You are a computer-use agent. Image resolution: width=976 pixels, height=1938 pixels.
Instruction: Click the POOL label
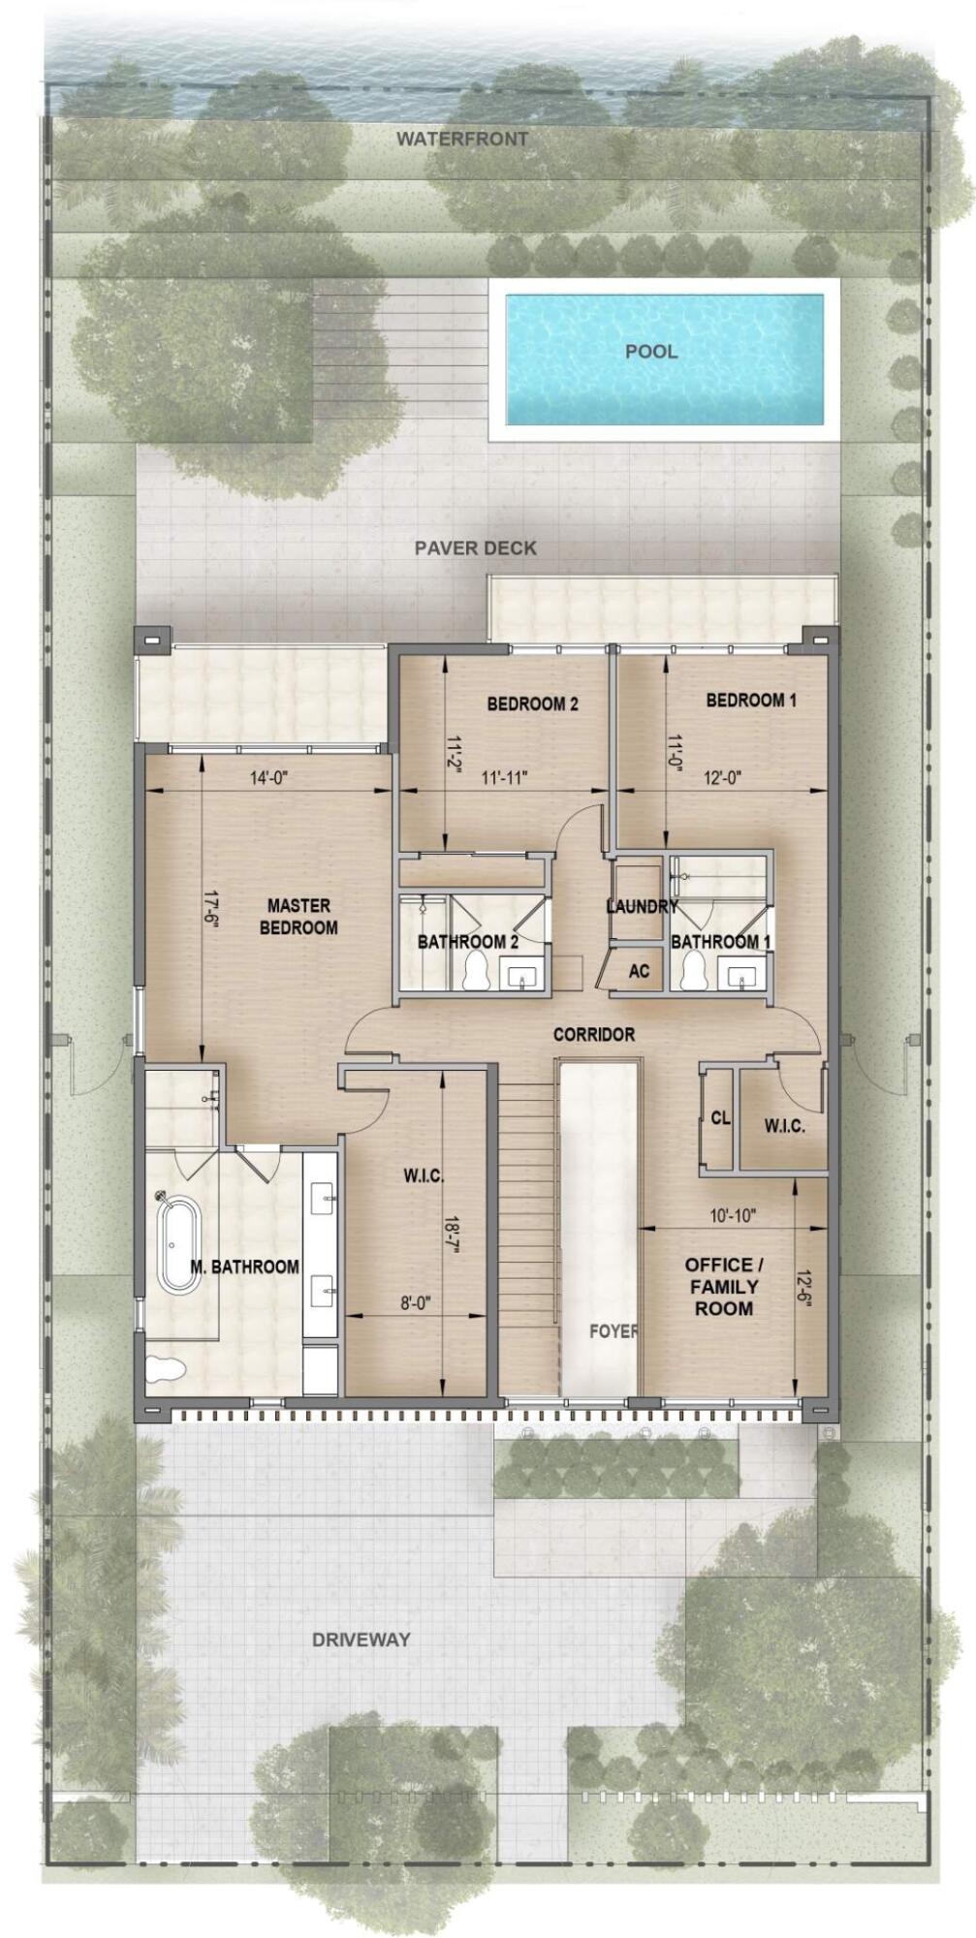(650, 351)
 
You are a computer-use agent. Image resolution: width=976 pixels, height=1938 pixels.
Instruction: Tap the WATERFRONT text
(462, 140)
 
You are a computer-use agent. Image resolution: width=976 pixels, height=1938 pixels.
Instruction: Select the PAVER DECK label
(475, 548)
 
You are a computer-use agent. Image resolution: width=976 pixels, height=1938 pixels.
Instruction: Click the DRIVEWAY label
(361, 1640)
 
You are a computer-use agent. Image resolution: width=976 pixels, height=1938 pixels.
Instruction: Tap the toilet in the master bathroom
(165, 1368)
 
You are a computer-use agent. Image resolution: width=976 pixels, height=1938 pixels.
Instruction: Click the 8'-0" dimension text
(415, 1303)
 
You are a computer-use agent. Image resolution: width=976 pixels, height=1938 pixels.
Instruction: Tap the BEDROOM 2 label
(532, 704)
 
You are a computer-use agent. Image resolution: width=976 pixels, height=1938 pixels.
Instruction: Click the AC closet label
(639, 970)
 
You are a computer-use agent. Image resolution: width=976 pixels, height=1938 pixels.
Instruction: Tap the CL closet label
(720, 1118)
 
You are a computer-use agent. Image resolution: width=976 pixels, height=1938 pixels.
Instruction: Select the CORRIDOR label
(593, 1035)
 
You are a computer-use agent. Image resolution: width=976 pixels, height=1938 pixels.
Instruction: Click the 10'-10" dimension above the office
(733, 1214)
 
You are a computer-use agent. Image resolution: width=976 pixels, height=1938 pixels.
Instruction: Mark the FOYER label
(613, 1331)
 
